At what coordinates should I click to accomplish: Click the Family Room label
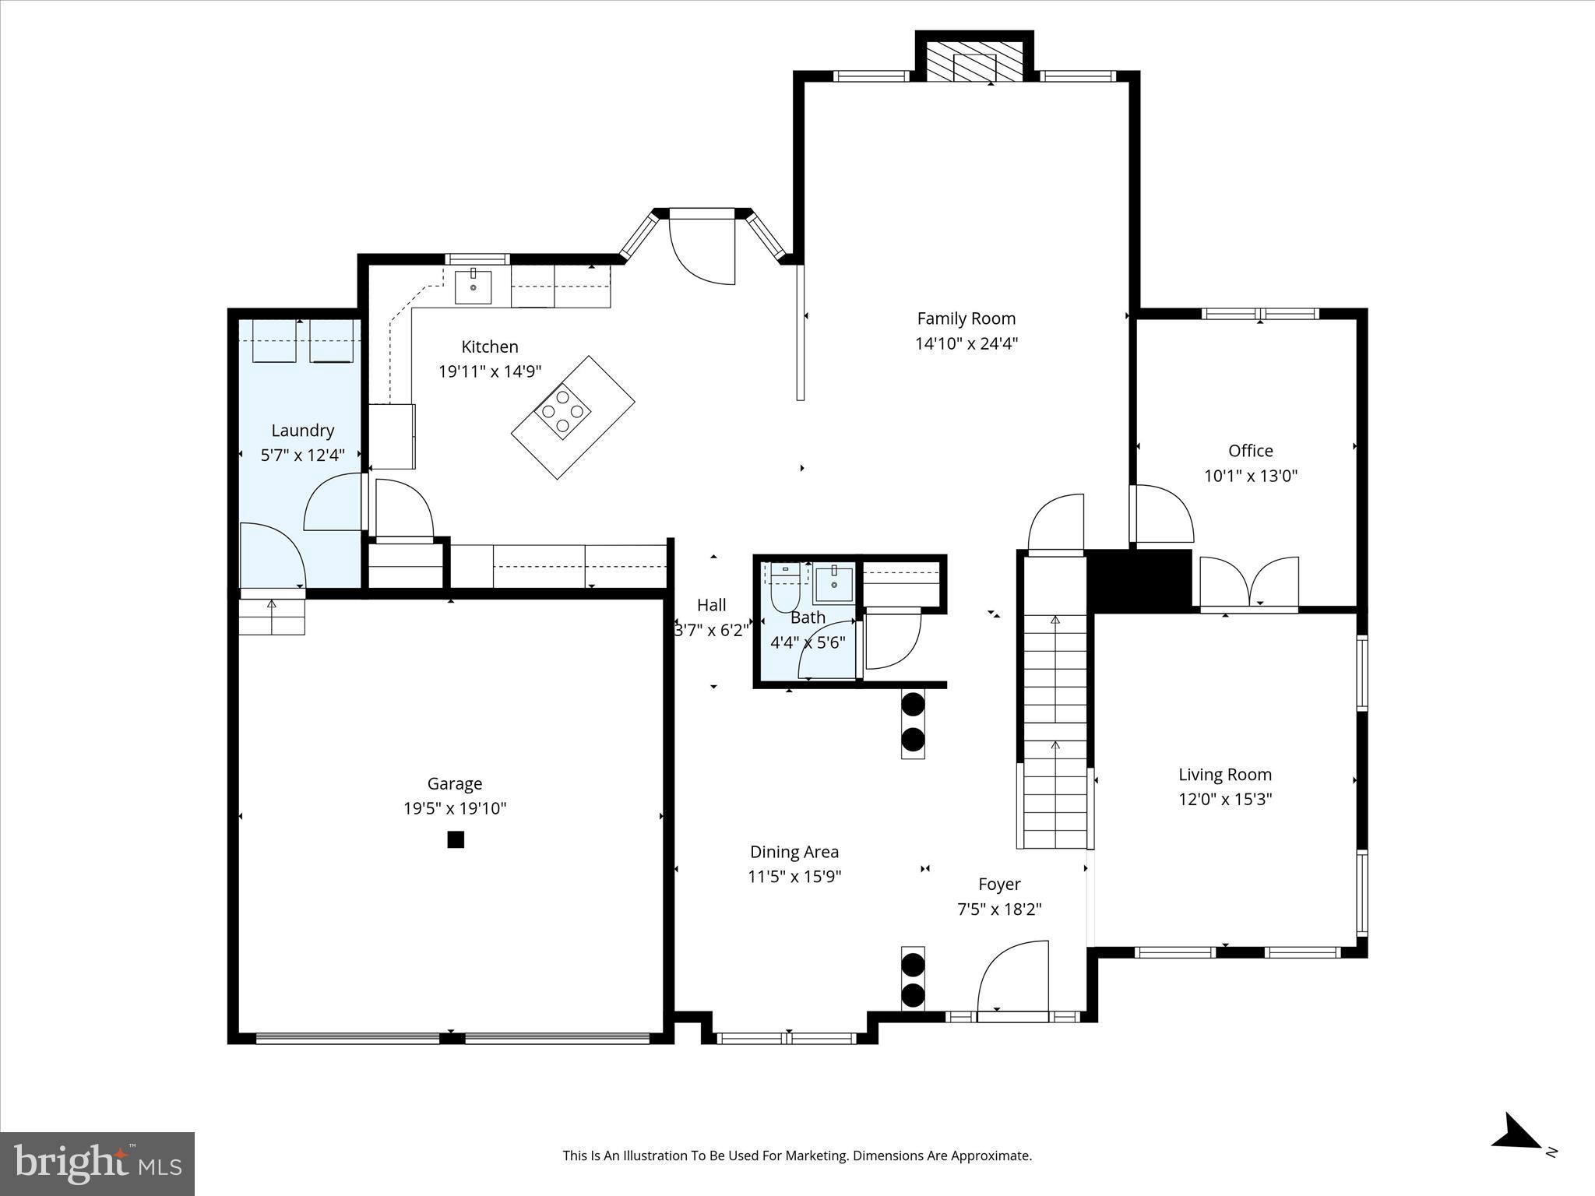(x=966, y=318)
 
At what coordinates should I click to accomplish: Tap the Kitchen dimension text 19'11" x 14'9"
(x=489, y=371)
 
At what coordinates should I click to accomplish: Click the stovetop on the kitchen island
(x=562, y=410)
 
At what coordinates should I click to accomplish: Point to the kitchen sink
(x=473, y=287)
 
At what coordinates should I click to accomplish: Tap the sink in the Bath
(x=833, y=585)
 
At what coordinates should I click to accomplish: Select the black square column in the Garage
(x=456, y=839)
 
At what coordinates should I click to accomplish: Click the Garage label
(x=454, y=783)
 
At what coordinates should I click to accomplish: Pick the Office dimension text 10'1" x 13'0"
(x=1250, y=476)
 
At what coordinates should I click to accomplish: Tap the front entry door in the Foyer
(x=1012, y=981)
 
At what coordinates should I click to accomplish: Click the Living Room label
(x=1224, y=774)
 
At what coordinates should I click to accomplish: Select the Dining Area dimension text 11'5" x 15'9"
(x=794, y=877)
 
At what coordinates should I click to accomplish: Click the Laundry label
(x=302, y=431)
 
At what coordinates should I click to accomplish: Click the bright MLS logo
(x=97, y=1163)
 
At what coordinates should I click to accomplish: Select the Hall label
(x=711, y=605)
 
